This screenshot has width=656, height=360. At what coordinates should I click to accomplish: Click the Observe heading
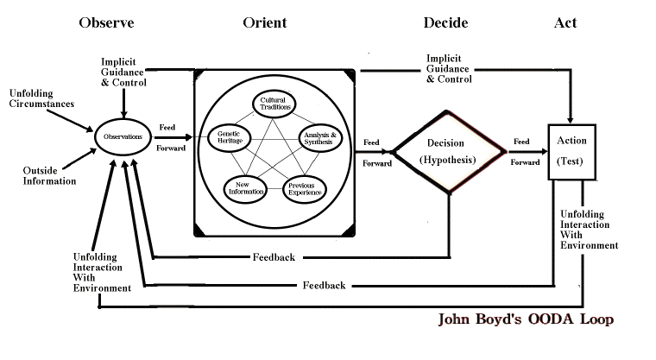pos(106,22)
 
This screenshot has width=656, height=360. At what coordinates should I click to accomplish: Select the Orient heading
pos(264,22)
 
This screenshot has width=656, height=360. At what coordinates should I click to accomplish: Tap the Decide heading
pos(445,22)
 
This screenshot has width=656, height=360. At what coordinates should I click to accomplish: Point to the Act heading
pos(565,22)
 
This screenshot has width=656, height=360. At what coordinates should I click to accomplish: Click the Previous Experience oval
pos(305,186)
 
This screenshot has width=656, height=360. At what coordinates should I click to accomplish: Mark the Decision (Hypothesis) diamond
pos(447,151)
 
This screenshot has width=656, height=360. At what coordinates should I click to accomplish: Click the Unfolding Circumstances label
pos(41,98)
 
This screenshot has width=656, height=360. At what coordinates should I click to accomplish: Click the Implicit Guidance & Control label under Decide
pos(449,69)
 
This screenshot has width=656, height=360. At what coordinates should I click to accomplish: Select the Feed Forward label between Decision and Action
pos(524,151)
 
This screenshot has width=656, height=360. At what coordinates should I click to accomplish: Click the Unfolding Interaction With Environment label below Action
pos(589,230)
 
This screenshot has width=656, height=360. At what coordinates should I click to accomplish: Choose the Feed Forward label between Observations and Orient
pos(168,136)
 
